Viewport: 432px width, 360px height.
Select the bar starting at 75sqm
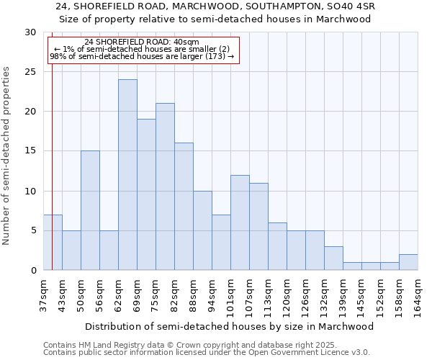[x=165, y=186]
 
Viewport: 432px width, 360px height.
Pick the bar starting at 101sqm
[x=240, y=222]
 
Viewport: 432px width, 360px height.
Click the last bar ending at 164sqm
[x=408, y=262]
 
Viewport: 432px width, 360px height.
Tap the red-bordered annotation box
[x=143, y=50]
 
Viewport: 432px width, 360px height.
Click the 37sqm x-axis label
[x=44, y=295]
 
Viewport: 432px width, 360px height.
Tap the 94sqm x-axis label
[x=212, y=295]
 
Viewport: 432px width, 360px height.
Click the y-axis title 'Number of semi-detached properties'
[x=6, y=156]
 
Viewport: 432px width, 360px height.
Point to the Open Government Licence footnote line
[x=207, y=352]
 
